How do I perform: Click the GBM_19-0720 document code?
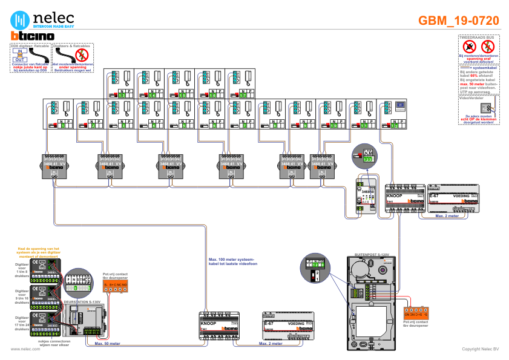(458, 21)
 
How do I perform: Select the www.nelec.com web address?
(21, 349)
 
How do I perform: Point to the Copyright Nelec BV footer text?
(480, 349)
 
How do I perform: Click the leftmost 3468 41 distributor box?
(54, 165)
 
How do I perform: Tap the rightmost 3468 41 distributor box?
(322, 165)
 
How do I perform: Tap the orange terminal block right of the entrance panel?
(416, 313)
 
